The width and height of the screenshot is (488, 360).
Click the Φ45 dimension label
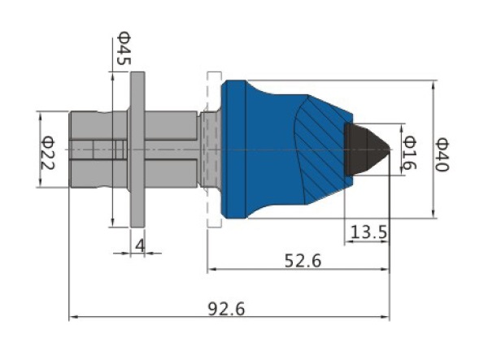point(124,48)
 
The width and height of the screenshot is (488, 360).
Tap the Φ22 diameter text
point(48,153)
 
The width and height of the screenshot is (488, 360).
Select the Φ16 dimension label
point(409,152)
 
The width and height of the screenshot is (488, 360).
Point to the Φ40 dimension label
point(442,155)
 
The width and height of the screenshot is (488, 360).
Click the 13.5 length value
point(368,232)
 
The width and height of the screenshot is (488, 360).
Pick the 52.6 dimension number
point(303,261)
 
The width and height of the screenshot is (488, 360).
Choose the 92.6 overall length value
point(226,309)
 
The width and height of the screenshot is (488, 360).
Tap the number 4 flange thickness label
point(140,245)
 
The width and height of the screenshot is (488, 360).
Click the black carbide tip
point(367,150)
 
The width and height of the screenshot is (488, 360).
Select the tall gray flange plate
point(137,150)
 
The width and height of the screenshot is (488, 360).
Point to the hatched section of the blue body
point(324,150)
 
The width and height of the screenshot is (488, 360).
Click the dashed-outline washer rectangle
point(214,150)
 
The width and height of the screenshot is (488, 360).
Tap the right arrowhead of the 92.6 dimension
point(386,317)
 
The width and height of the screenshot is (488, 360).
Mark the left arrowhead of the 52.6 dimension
point(211,269)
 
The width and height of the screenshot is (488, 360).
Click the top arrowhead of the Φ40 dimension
point(434,84)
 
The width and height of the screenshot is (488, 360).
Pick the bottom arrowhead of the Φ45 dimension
point(113,223)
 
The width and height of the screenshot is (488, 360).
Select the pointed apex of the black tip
point(390,149)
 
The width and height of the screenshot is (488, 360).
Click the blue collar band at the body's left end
point(233,150)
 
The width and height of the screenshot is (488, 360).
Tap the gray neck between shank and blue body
point(211,150)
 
